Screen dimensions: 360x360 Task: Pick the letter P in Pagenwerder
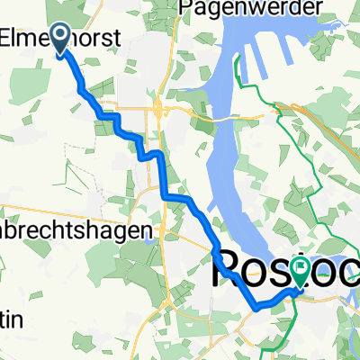(x=188, y=8)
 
